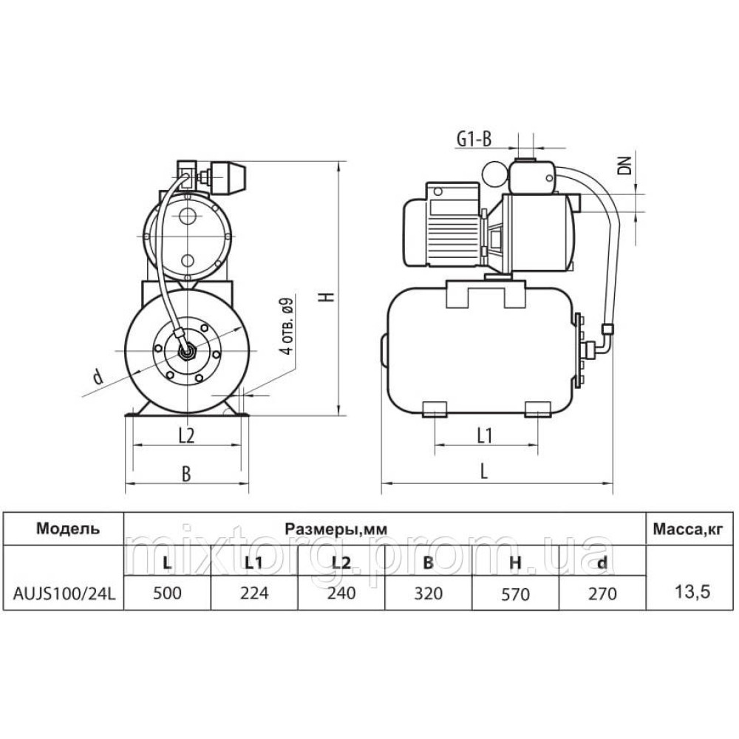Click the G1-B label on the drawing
(474, 139)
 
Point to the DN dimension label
(625, 166)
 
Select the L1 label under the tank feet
(485, 435)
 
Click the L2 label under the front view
(187, 435)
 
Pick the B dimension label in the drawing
(187, 474)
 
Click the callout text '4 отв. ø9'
(286, 326)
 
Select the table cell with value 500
(167, 593)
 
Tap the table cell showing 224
(254, 593)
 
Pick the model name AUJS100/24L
(64, 593)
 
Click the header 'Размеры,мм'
(336, 529)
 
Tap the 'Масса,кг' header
(687, 530)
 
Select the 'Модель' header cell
(68, 528)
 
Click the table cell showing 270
(602, 593)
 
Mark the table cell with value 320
(429, 593)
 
